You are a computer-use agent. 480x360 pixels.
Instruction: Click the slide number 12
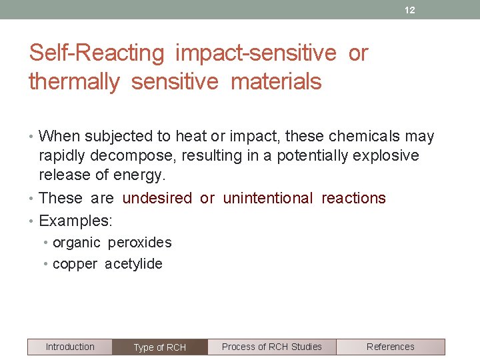point(410,10)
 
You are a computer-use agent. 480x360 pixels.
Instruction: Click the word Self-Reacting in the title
point(97,53)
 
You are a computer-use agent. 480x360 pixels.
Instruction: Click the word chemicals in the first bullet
point(364,137)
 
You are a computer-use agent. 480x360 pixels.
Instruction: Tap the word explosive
point(385,156)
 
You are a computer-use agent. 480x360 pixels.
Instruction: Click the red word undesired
point(157,198)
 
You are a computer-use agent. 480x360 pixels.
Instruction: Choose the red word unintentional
point(267,198)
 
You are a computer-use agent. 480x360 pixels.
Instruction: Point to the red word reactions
point(353,198)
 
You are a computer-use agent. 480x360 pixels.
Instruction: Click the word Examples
point(75,220)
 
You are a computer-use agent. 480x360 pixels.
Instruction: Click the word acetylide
point(133,264)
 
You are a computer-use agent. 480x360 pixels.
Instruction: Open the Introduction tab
point(70,347)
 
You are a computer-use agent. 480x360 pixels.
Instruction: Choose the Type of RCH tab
point(160,347)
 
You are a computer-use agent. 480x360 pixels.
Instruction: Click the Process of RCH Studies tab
point(271,347)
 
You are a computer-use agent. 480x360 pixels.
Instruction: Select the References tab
point(390,347)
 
